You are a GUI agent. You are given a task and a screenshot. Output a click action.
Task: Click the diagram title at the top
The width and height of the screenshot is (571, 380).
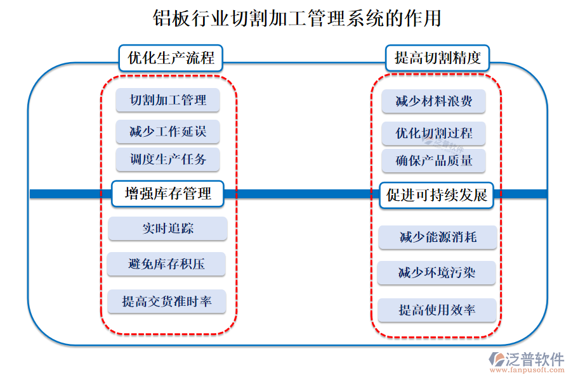point(297,18)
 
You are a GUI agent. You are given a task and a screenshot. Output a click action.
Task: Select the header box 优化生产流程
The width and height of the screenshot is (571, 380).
point(171,59)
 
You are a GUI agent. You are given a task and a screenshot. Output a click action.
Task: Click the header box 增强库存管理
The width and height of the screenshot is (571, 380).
point(168,194)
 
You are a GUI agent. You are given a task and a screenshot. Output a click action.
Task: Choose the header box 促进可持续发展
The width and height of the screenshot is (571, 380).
point(436,195)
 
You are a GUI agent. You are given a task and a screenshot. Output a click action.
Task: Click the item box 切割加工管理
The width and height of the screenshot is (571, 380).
point(168,100)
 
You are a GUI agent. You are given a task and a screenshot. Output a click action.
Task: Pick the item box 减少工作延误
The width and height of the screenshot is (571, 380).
point(168,132)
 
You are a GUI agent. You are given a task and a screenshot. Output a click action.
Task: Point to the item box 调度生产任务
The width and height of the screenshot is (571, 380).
point(168,159)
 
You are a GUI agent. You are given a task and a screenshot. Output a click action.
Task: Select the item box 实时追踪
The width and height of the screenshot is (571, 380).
point(168,229)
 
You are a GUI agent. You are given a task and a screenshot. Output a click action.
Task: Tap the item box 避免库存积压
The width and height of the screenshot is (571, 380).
point(167,264)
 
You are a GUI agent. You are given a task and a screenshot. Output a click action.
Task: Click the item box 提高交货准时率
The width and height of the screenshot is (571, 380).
point(167,301)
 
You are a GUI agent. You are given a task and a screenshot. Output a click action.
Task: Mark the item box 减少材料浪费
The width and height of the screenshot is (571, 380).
point(434,101)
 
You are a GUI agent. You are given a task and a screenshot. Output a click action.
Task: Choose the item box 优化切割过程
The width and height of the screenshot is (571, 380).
point(434,134)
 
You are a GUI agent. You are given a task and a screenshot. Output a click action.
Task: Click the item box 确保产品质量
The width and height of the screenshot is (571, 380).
point(434,161)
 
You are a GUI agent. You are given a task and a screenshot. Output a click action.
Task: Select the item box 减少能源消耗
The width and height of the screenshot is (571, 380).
point(438,237)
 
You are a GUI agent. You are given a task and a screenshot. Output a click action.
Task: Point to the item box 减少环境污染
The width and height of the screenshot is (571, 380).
point(437,273)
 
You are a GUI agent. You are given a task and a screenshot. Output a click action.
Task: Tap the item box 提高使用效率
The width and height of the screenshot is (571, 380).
point(437,310)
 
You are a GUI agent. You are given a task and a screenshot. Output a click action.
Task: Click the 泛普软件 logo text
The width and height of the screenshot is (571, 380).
point(534,359)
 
